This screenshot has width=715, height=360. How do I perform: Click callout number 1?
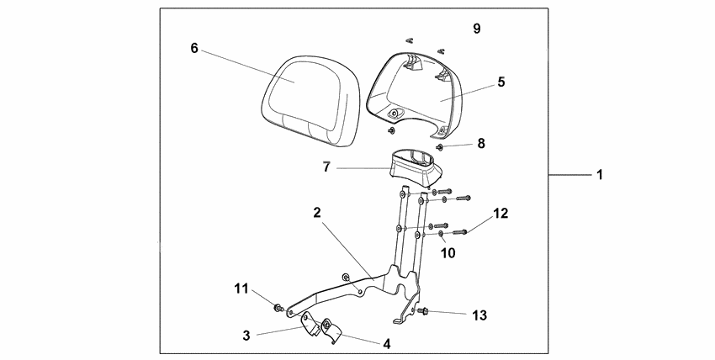pyautogui.click(x=600, y=175)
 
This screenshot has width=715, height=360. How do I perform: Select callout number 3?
pyautogui.click(x=246, y=335)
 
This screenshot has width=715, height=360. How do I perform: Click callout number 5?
pyautogui.click(x=500, y=82)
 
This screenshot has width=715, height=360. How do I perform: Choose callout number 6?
pyautogui.click(x=194, y=48)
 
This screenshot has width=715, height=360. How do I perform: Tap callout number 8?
pyautogui.click(x=480, y=145)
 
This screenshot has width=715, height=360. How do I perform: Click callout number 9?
pyautogui.click(x=477, y=29)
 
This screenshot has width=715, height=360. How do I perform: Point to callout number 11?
pyautogui.click(x=241, y=289)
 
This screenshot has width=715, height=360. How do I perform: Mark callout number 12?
pyautogui.click(x=500, y=214)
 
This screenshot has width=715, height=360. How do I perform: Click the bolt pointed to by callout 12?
pyautogui.click(x=460, y=230)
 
